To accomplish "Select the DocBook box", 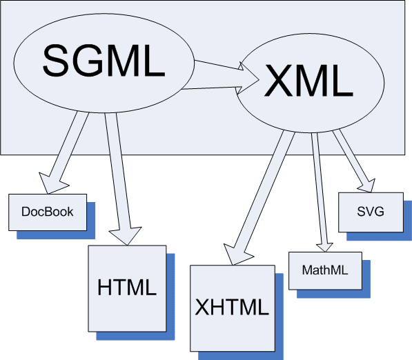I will pyautogui.click(x=47, y=212).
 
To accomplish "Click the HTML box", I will pyautogui.click(x=127, y=287).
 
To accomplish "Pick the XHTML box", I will pyautogui.click(x=231, y=307).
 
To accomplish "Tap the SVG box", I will pyautogui.click(x=371, y=212).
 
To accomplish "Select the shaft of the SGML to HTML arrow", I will pyautogui.click(x=118, y=172).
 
